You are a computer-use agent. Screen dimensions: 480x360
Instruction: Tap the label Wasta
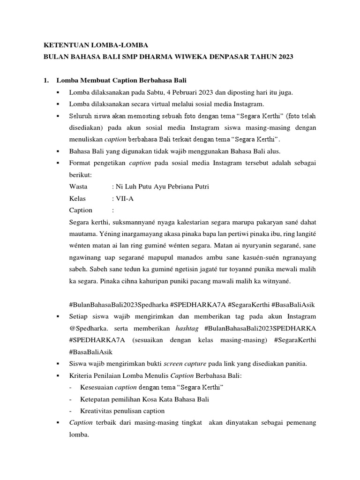click(78, 187)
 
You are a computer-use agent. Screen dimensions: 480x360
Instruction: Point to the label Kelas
click(77, 198)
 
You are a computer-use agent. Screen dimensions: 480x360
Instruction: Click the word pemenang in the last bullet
click(298, 422)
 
